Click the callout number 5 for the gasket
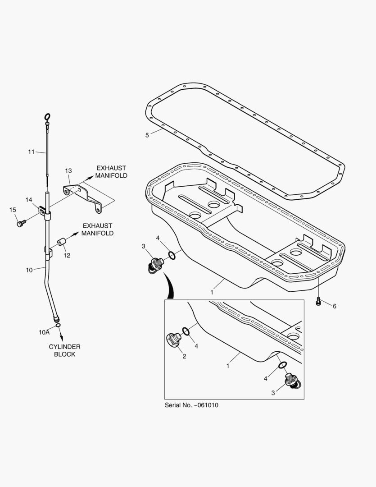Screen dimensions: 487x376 click(x=147, y=134)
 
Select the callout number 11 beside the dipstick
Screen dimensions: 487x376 click(x=31, y=152)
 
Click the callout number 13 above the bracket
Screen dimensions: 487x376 click(x=68, y=171)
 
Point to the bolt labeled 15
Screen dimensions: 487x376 click(x=20, y=223)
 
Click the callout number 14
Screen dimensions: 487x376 click(x=29, y=200)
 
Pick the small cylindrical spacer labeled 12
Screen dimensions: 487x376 click(x=61, y=244)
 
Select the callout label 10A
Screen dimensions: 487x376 click(x=44, y=332)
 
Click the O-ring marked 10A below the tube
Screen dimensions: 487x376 click(x=59, y=325)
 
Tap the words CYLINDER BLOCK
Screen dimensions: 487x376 click(x=65, y=350)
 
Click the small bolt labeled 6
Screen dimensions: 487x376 click(x=319, y=301)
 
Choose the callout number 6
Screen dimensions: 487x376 click(x=334, y=306)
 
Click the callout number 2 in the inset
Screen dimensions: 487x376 click(x=184, y=356)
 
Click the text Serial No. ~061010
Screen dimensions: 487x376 click(x=191, y=405)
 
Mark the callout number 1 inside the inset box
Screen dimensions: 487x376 click(x=228, y=366)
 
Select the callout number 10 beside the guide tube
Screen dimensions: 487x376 click(x=29, y=270)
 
